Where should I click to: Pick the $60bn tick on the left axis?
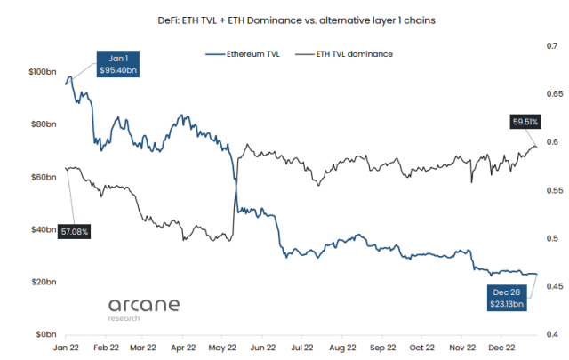pos(44,177)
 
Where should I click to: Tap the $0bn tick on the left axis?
pos(45,334)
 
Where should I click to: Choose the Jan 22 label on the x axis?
pos(67,348)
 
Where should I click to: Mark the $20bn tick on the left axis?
pos(44,282)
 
